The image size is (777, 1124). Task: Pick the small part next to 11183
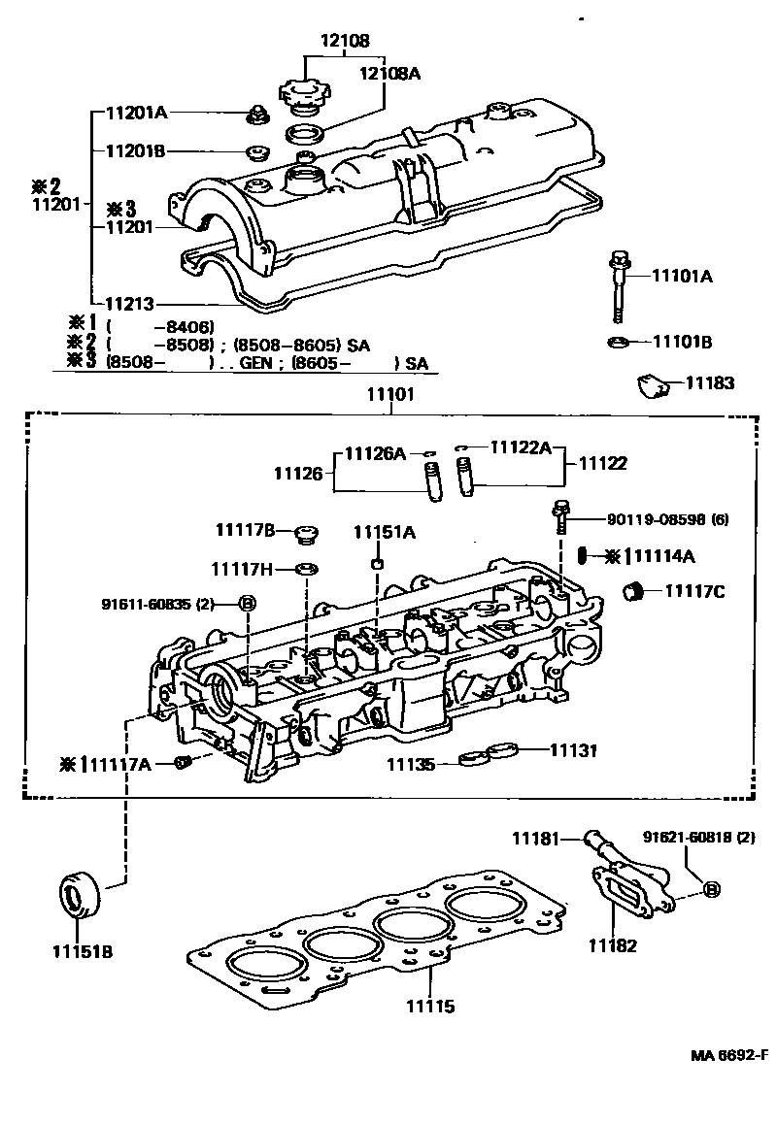tap(652, 385)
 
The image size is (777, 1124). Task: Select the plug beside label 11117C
tap(635, 590)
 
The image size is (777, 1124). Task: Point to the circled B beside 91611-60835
tap(248, 604)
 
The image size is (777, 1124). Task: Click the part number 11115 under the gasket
tap(429, 1007)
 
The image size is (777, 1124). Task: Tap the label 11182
tap(612, 944)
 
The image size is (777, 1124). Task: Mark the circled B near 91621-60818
tap(710, 889)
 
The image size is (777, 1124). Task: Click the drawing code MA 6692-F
tap(729, 1056)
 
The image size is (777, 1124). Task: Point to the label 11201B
tap(137, 151)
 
